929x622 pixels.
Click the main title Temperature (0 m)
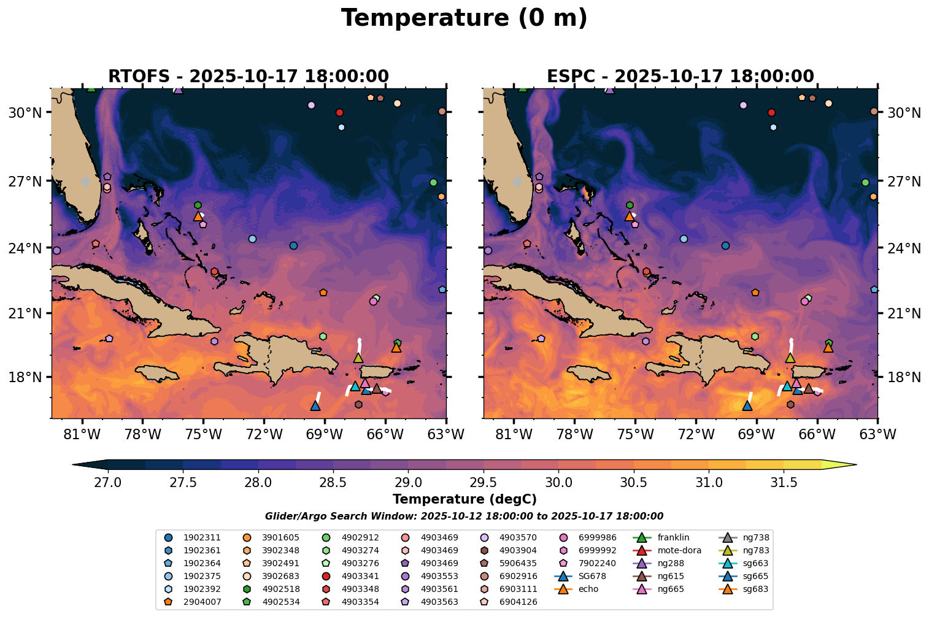coord(464,18)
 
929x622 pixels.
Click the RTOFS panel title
coord(249,77)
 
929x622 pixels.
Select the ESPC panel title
coord(680,77)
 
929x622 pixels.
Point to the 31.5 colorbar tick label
coord(784,482)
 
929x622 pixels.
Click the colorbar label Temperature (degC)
coord(464,499)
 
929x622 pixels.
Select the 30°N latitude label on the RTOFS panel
coord(25,113)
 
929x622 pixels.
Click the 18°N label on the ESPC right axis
coord(904,377)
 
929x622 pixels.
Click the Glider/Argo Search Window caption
coord(464,517)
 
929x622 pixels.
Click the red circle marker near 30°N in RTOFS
coord(339,112)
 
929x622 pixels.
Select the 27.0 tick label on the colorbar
coord(108,482)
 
